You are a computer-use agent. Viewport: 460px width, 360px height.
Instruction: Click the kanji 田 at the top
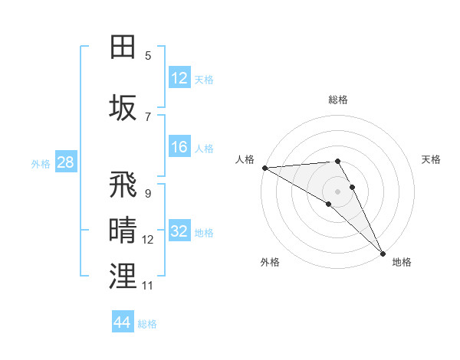[123, 47]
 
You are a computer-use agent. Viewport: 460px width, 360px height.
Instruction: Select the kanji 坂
[123, 106]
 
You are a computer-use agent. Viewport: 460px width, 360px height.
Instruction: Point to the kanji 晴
[123, 228]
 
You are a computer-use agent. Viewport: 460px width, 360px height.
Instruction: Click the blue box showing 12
[179, 78]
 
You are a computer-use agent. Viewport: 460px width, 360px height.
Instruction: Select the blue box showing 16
[179, 147]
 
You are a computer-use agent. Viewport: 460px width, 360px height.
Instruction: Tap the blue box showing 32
[179, 231]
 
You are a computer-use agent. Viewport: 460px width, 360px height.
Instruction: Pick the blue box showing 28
[65, 162]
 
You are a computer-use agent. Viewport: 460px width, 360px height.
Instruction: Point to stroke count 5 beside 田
[148, 55]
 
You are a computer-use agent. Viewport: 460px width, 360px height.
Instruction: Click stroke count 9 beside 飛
[148, 193]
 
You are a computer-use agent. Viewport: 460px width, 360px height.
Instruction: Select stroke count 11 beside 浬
[148, 285]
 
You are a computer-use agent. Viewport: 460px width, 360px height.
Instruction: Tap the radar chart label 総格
[338, 100]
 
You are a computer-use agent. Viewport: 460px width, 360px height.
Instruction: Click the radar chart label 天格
[431, 159]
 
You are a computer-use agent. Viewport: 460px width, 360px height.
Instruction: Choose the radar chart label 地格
[402, 262]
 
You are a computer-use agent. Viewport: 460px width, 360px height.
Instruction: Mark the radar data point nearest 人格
[264, 168]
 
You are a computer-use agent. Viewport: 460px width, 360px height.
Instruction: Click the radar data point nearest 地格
[383, 252]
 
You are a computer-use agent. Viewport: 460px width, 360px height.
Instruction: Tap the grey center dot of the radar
[337, 191]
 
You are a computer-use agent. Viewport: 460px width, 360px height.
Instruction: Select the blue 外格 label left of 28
[40, 163]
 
